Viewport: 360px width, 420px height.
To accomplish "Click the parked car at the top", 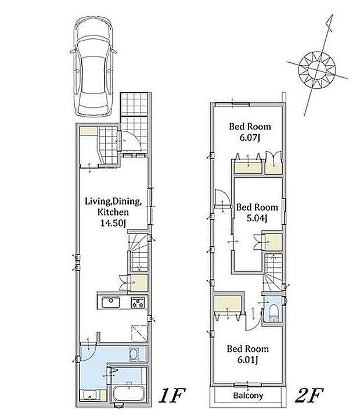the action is (93, 69).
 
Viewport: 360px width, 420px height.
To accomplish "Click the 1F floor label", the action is (172, 396).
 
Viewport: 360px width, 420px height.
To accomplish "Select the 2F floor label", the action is (309, 396).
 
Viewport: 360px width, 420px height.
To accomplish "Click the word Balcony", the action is (248, 396).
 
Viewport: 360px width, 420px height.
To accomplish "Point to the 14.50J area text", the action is (113, 223).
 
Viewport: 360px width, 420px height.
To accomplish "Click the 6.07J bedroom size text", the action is (250, 138).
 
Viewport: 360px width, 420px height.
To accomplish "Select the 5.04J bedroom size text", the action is (257, 218).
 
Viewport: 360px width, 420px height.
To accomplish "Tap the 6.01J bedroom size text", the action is (247, 360).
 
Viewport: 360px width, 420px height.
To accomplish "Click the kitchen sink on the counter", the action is (110, 303).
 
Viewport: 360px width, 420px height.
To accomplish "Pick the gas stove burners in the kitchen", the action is (138, 303).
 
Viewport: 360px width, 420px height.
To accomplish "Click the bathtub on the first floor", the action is (129, 393).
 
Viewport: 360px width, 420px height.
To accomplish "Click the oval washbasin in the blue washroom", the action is (134, 354).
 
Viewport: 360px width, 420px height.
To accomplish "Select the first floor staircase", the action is (139, 252).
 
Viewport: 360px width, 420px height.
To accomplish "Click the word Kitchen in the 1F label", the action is (113, 212).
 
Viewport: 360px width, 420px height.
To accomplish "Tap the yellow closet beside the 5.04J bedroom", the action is (273, 242).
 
